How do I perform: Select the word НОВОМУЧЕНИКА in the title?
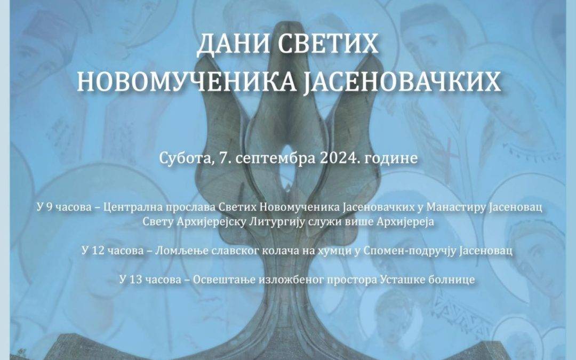click(x=187, y=82)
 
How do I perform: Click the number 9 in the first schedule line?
click(x=50, y=207)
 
